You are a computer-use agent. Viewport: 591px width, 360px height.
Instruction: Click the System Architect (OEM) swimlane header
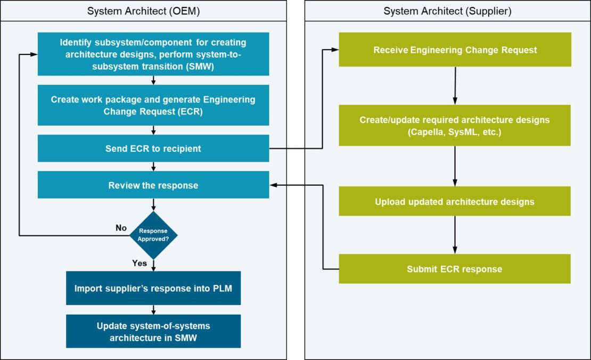click(x=144, y=11)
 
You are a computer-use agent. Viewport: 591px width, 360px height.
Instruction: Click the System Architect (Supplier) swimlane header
click(x=447, y=11)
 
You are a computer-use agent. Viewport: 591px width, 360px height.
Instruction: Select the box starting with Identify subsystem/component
click(x=153, y=54)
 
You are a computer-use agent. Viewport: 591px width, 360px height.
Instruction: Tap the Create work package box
click(x=153, y=105)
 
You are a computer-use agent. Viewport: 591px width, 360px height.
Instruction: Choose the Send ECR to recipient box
click(x=153, y=148)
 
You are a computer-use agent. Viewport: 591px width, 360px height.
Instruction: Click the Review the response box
click(x=153, y=185)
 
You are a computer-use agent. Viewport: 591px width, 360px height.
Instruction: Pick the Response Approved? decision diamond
click(x=153, y=235)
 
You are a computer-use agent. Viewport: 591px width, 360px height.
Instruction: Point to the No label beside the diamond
click(x=121, y=228)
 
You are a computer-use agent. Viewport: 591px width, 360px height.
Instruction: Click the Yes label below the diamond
click(x=139, y=263)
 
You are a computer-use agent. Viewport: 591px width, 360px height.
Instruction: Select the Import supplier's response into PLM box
click(x=153, y=288)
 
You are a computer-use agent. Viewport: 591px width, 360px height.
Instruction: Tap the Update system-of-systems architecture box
click(x=153, y=331)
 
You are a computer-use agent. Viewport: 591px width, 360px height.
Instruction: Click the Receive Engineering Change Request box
click(x=455, y=50)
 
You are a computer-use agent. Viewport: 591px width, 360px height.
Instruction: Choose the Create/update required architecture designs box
click(x=455, y=125)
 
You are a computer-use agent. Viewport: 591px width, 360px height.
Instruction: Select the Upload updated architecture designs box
click(x=455, y=201)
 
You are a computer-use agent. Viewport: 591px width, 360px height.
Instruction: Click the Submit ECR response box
click(x=455, y=269)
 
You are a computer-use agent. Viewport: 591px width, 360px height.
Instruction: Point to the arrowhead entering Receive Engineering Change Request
click(x=335, y=50)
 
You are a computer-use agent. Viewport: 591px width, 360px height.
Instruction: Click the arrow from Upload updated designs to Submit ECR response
click(x=455, y=234)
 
